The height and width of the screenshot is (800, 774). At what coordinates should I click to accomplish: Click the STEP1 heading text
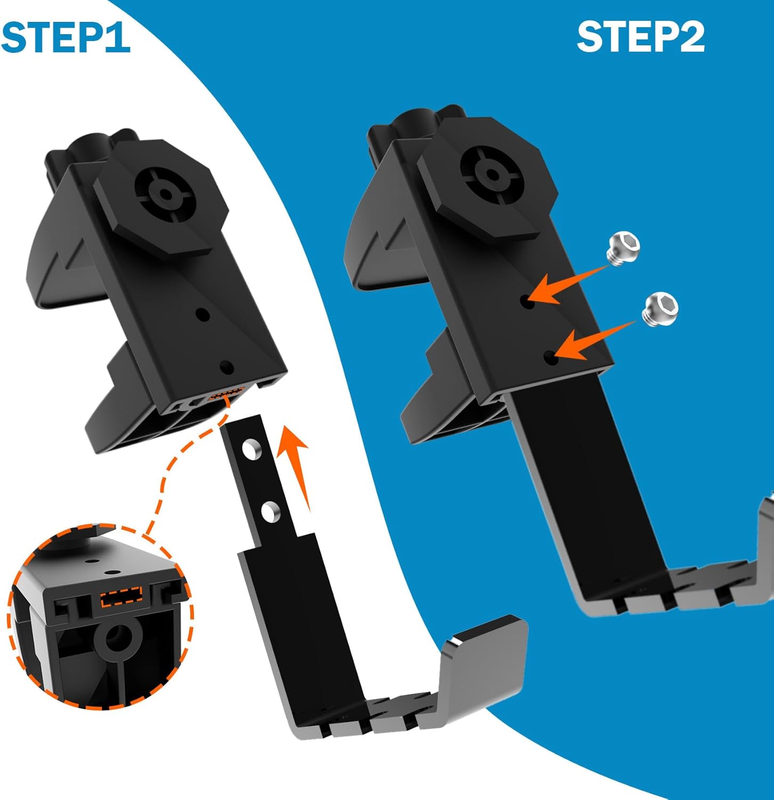pyautogui.click(x=66, y=37)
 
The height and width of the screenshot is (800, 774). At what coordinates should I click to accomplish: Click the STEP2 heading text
pyautogui.click(x=641, y=37)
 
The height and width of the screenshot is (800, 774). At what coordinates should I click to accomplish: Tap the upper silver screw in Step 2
pyautogui.click(x=623, y=249)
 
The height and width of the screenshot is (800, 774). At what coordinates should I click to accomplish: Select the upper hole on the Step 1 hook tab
pyautogui.click(x=249, y=449)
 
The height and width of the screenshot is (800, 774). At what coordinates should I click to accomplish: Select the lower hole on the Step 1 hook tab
pyautogui.click(x=270, y=510)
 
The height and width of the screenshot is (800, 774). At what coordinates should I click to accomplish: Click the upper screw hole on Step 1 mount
pyautogui.click(x=201, y=314)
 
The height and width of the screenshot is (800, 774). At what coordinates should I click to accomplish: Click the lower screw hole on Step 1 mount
pyautogui.click(x=226, y=367)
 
